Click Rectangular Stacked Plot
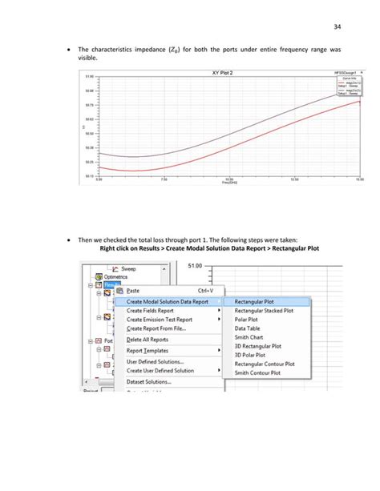[263, 310]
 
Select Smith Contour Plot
[262, 372]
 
